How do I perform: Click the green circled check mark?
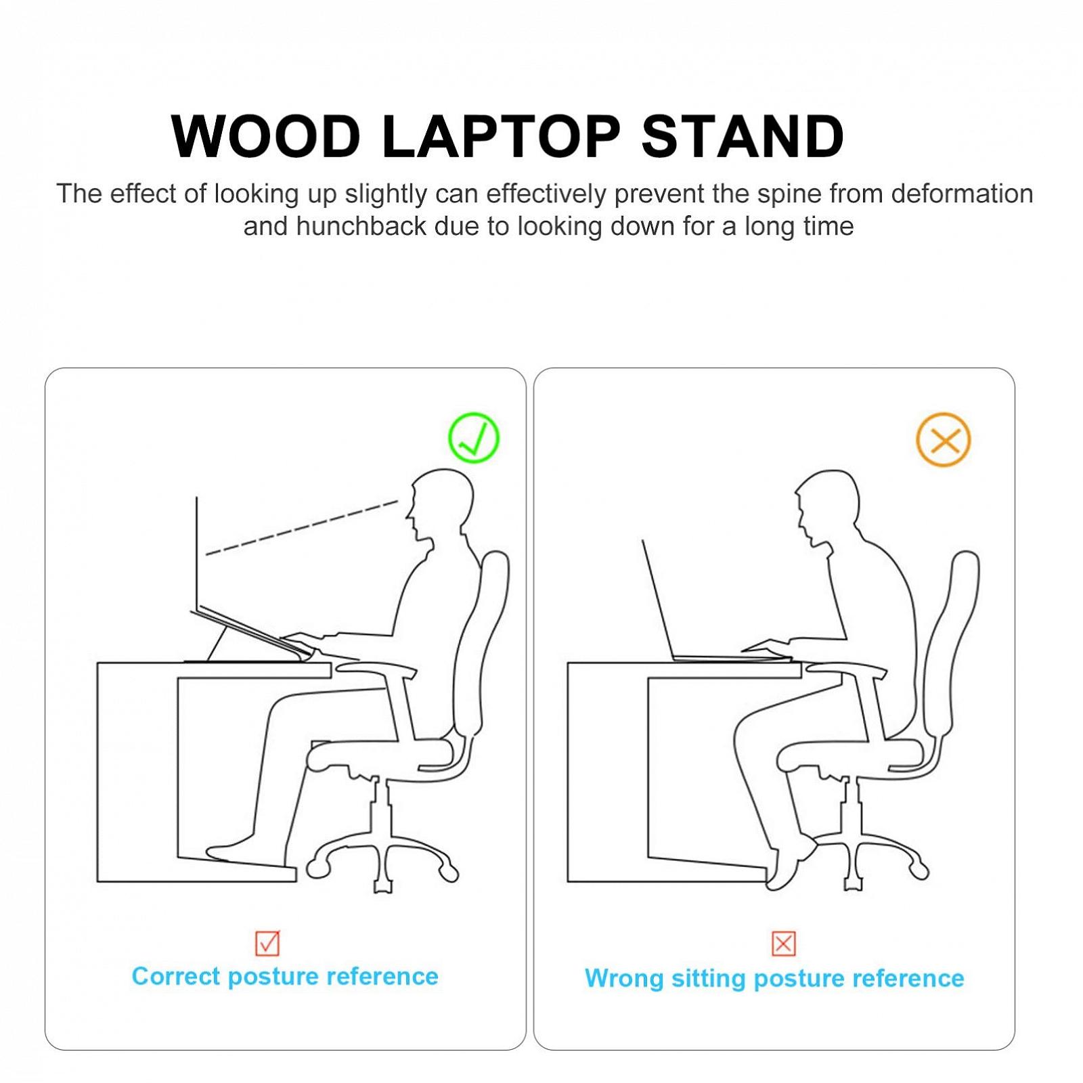pos(474,437)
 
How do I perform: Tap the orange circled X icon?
pos(943,439)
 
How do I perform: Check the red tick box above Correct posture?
pos(267,942)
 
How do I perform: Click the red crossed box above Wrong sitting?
pos(783,943)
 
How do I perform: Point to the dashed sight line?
pos(302,527)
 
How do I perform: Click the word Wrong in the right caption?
pos(624,979)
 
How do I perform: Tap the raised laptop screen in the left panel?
pos(197,552)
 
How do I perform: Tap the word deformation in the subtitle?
pos(962,194)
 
